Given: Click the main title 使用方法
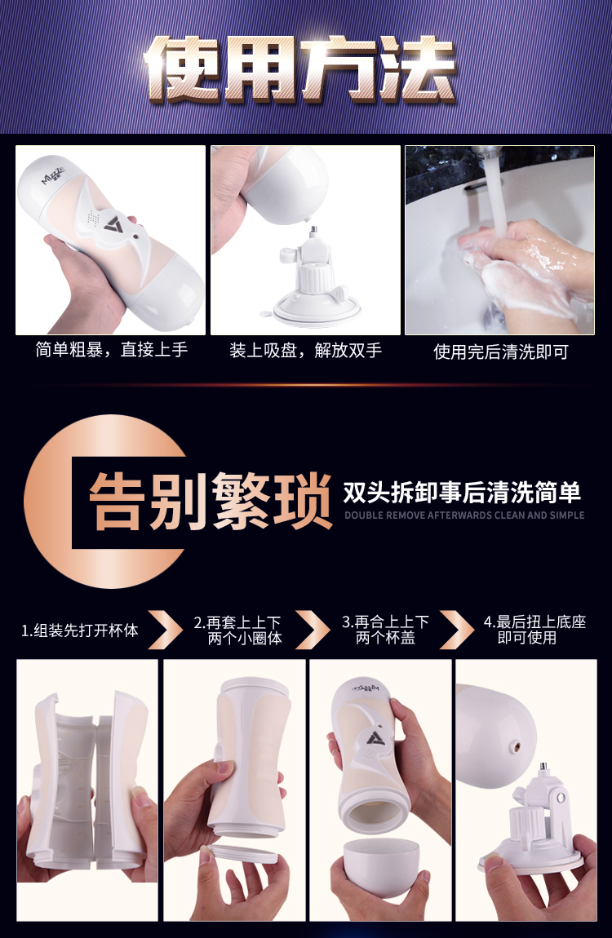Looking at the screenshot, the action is click(x=301, y=69).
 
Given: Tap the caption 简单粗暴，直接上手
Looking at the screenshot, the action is click(x=111, y=349).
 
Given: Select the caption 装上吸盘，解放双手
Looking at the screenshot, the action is click(x=306, y=351).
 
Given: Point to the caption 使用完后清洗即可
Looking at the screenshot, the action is click(x=501, y=352).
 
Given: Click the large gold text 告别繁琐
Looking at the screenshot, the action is click(x=211, y=501).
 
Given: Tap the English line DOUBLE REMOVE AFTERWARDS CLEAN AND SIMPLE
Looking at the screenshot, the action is click(x=464, y=515).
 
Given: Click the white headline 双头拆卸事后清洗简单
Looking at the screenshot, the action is click(x=462, y=493).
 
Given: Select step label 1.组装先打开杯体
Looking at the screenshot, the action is click(x=80, y=630).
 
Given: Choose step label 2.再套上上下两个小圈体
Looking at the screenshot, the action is click(x=237, y=630).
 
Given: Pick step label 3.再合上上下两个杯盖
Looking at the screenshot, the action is click(x=385, y=630).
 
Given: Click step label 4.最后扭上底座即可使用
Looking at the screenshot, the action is click(x=534, y=630).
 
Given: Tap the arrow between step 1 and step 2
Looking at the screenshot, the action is click(x=165, y=630).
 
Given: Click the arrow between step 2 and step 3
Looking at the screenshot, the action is click(x=313, y=630).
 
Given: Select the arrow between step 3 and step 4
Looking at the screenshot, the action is click(x=457, y=630).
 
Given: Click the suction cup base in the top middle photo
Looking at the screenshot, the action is click(x=317, y=308).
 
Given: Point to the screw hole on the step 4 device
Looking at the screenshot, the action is click(x=517, y=747).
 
